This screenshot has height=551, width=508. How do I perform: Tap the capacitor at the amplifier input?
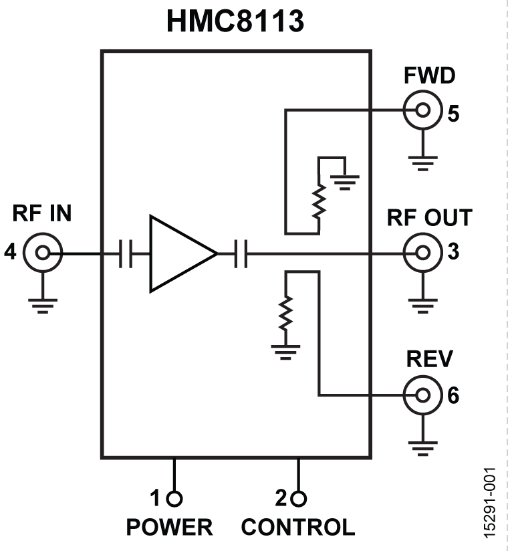click(x=125, y=254)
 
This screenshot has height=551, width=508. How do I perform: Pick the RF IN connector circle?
click(x=43, y=253)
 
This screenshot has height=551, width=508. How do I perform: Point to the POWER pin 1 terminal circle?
click(x=174, y=498)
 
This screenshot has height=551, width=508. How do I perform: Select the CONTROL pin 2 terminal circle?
click(x=299, y=498)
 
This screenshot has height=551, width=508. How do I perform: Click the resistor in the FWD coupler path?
click(x=319, y=201)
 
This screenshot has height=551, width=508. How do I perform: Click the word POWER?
click(x=169, y=527)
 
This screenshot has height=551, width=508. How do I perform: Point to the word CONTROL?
click(x=298, y=527)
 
